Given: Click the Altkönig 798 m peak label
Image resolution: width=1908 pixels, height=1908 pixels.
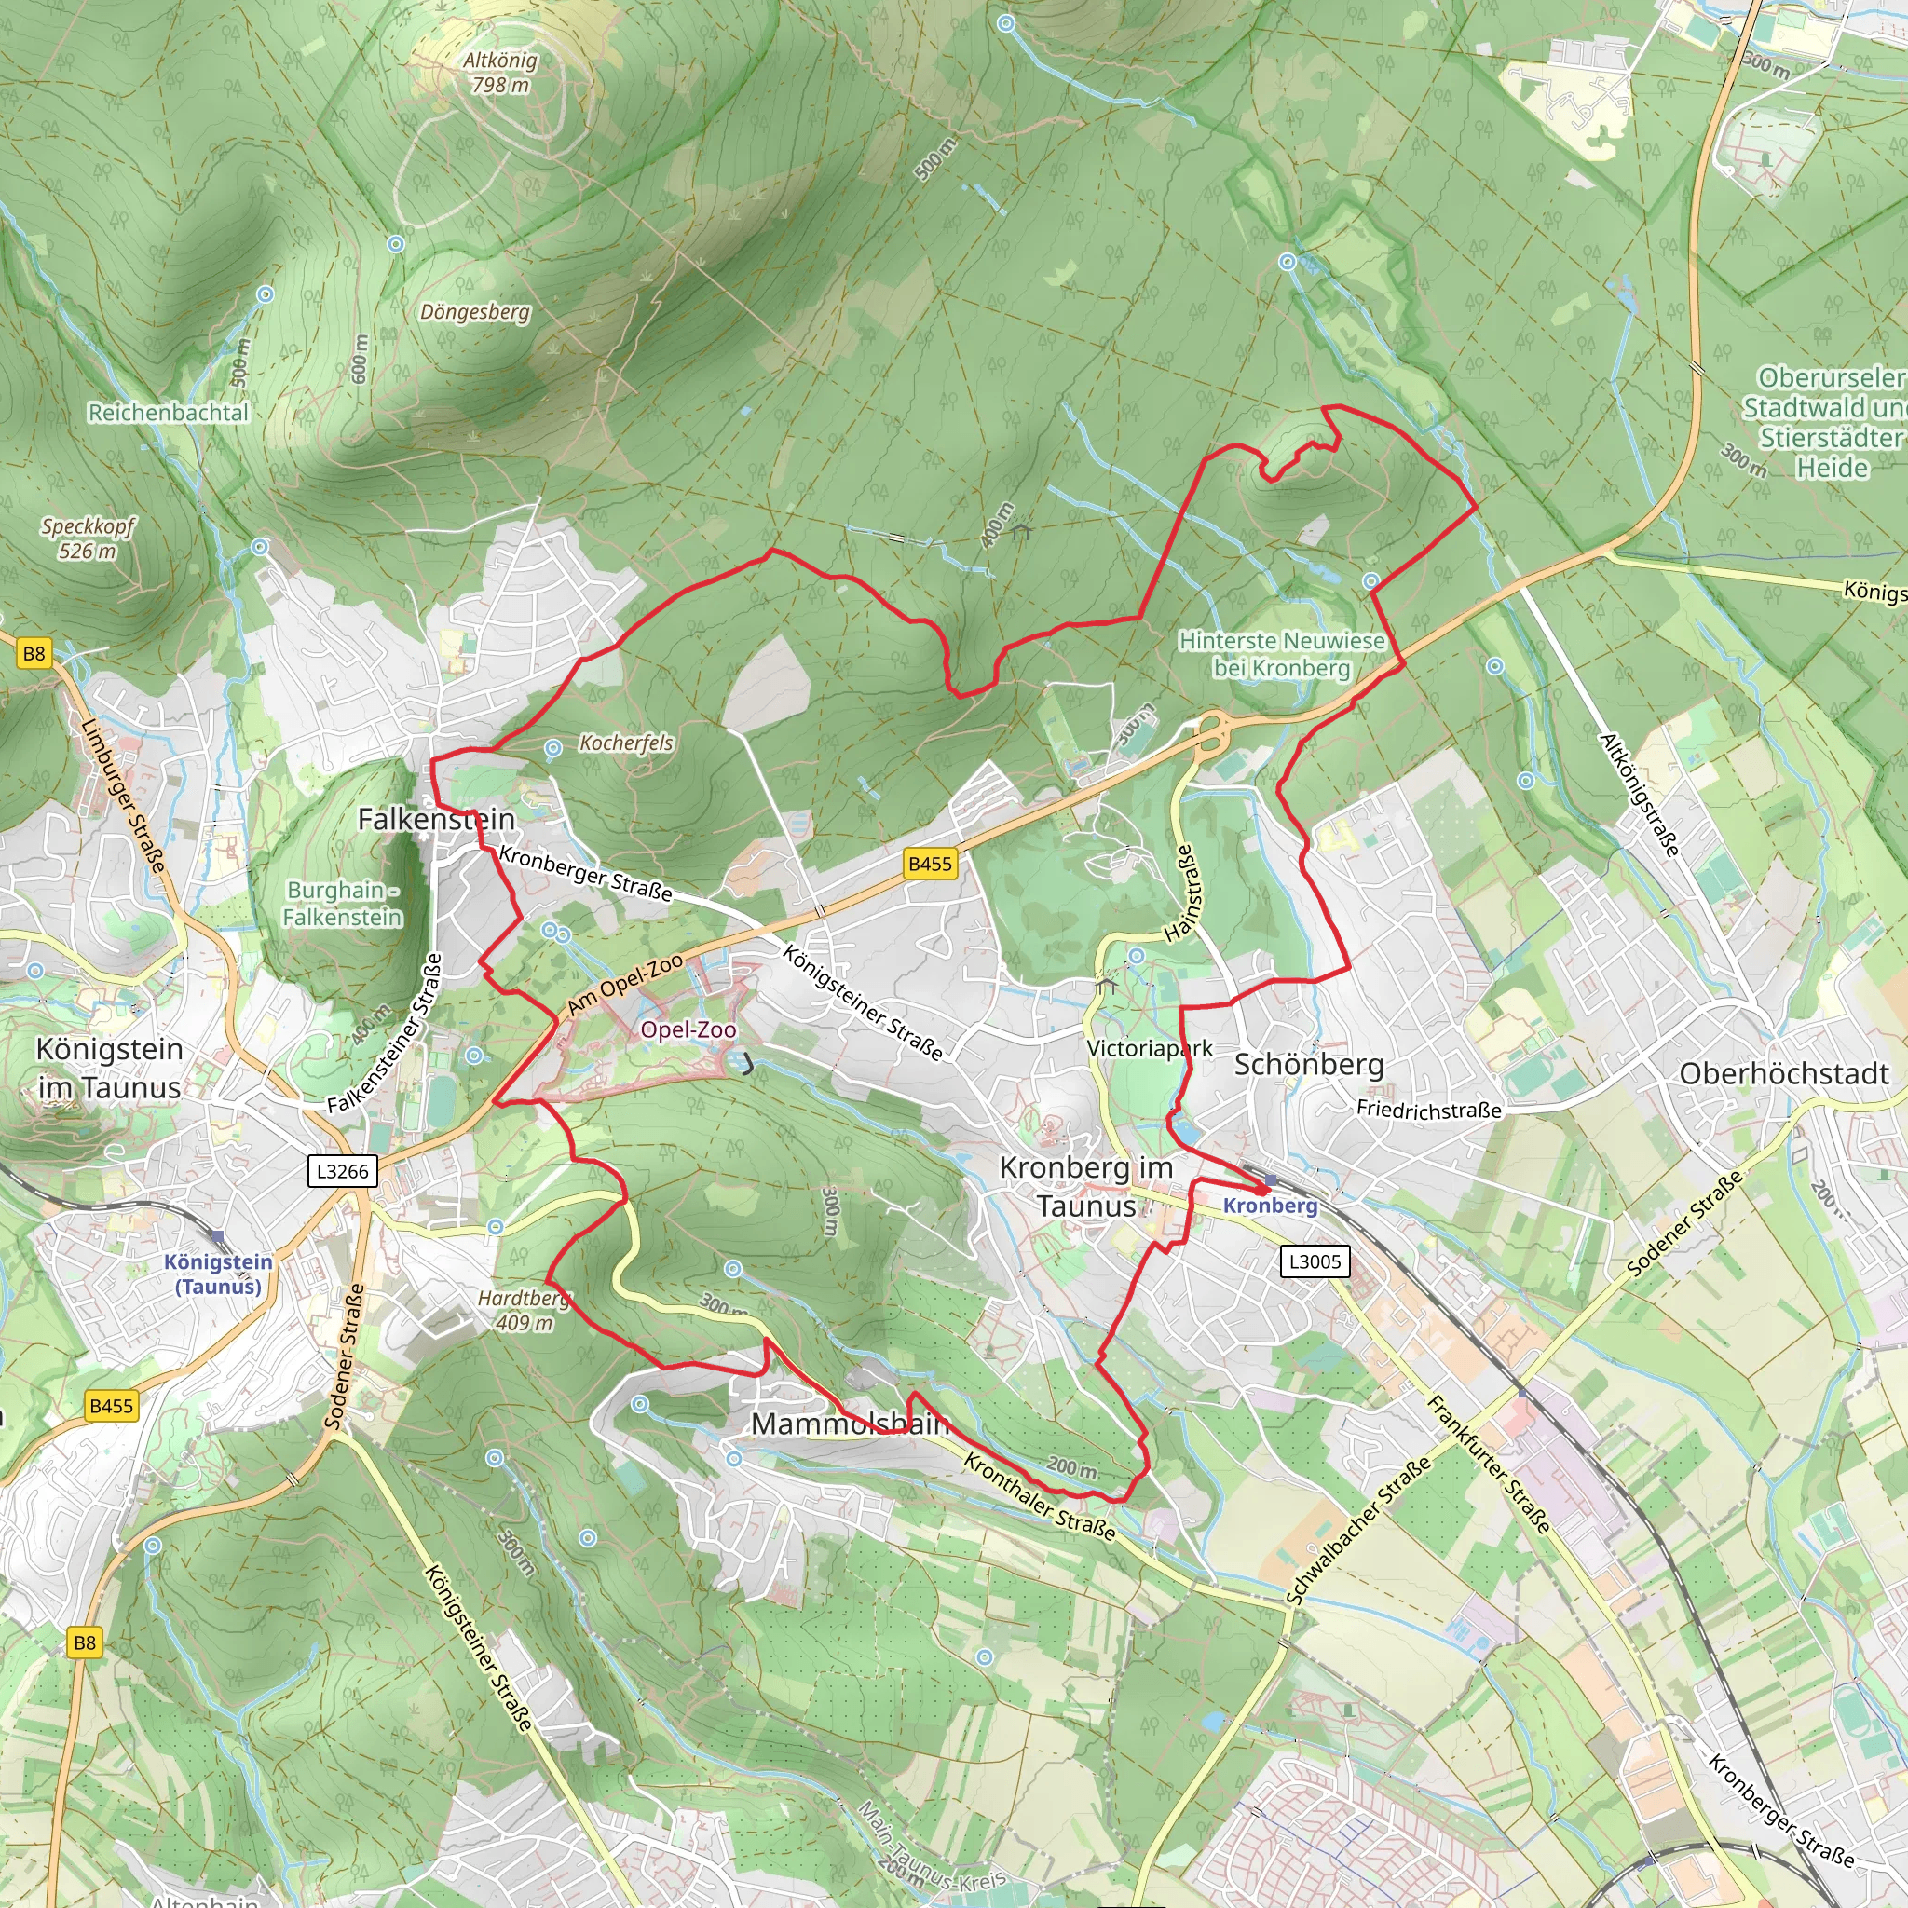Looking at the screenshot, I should tap(500, 73).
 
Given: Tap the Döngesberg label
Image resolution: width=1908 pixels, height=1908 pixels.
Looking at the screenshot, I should tap(475, 312).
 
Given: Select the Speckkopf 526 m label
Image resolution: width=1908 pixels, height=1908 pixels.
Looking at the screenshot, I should tap(88, 538).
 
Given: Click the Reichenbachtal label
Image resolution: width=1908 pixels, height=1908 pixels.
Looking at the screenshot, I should tap(168, 413).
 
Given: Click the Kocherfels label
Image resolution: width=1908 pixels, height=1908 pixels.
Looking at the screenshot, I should tap(626, 743).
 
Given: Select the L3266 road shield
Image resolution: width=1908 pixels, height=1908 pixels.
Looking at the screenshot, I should tap(342, 1171).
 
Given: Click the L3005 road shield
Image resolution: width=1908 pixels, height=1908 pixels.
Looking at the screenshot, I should tap(1315, 1261).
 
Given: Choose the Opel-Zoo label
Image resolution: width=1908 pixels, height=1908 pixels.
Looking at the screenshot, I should tap(688, 1030).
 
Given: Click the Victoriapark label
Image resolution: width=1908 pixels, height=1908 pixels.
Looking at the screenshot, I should tap(1149, 1048).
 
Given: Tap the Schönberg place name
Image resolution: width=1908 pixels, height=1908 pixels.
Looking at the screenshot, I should tap(1309, 1065).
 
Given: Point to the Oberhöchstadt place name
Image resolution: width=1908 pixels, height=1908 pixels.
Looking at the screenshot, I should tap(1783, 1073).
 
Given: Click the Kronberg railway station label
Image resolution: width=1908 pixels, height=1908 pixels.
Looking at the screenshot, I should tap(1270, 1206).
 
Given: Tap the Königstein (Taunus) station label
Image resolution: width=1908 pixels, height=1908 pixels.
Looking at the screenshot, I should tap(218, 1274).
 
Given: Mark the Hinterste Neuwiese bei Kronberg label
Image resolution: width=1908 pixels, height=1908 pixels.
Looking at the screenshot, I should tap(1282, 654).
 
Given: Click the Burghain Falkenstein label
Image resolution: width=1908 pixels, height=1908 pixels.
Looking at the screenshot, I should tap(342, 903).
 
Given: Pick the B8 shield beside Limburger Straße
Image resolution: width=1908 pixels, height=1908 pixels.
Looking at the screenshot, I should tap(34, 653).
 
